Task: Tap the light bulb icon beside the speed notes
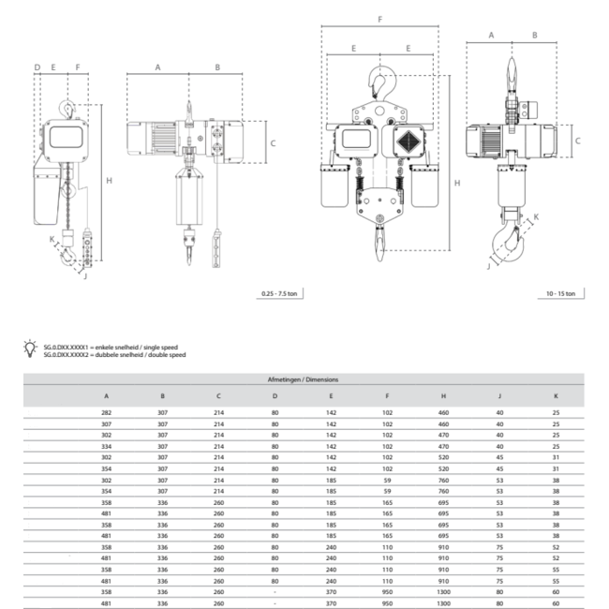tap(34, 349)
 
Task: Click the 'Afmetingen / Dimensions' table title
tap(304, 380)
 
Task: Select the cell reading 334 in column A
tap(106, 448)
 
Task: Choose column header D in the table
tap(275, 395)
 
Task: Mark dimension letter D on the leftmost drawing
tap(37, 67)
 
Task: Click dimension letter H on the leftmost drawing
tap(109, 180)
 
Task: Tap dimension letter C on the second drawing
tap(273, 143)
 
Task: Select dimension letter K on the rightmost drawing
tap(536, 216)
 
